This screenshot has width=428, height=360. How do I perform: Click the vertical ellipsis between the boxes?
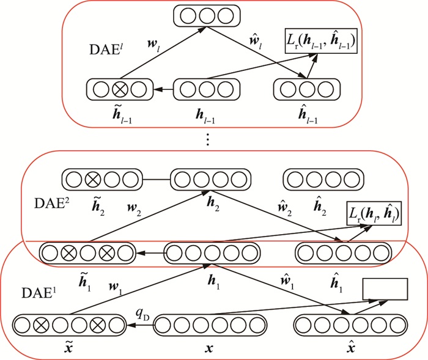(x=208, y=141)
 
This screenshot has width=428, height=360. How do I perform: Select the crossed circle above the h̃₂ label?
(x=92, y=180)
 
